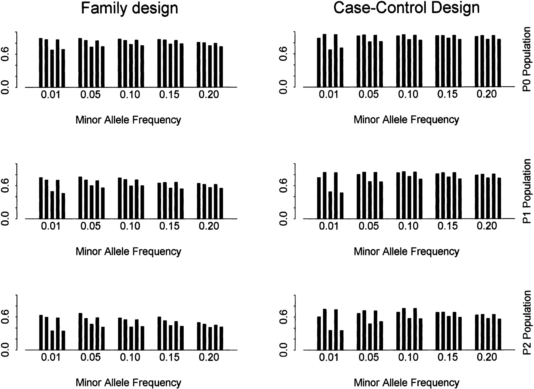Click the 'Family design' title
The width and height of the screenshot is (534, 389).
point(130,8)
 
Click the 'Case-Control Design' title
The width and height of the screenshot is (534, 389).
point(406,8)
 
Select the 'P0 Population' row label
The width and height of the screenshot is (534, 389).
point(527,59)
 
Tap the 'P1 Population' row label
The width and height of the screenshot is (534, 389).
point(527,191)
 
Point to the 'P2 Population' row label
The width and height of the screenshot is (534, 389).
point(527,323)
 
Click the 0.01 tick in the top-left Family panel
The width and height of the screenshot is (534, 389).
point(51,95)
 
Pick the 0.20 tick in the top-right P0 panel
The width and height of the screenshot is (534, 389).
point(487,94)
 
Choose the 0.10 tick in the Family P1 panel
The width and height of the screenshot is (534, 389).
point(130,226)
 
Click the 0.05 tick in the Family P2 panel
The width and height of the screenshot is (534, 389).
point(90,358)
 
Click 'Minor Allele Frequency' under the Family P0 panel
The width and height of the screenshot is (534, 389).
point(128,120)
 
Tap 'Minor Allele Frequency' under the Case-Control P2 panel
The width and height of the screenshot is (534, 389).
point(406,383)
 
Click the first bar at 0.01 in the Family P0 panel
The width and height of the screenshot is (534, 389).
point(41,63)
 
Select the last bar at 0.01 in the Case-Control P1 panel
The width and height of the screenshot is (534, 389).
point(341,205)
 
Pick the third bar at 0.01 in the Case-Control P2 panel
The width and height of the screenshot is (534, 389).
point(330,340)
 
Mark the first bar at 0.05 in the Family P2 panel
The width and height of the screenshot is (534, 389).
point(80,331)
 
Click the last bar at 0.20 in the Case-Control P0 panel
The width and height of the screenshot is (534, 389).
point(499,63)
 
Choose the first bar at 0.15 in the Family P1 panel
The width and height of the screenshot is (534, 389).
point(159,200)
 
